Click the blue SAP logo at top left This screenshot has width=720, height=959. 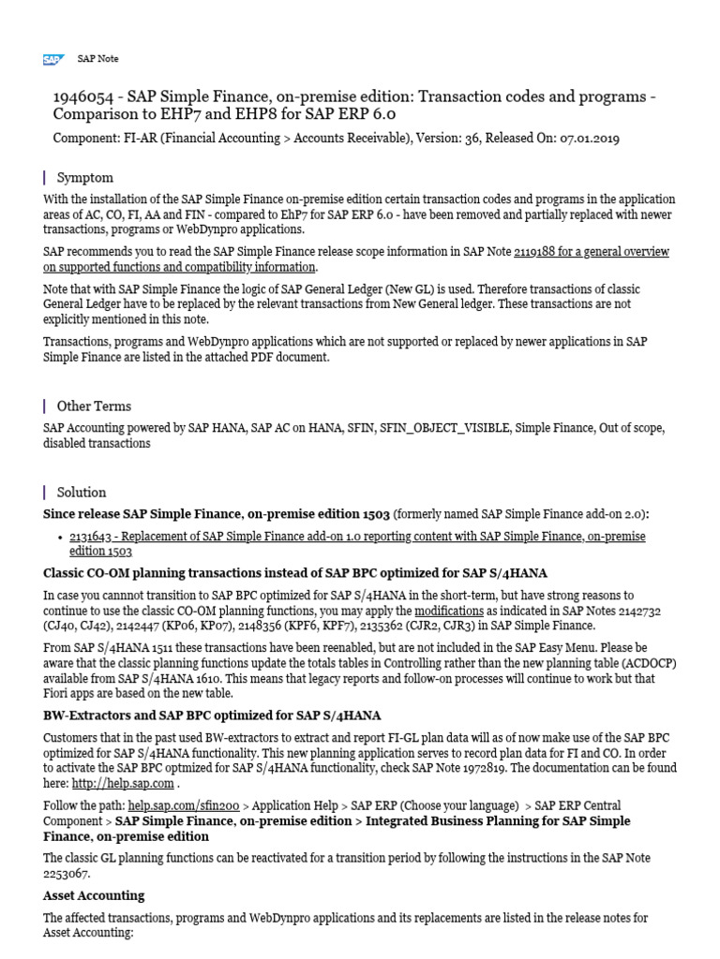[x=52, y=59]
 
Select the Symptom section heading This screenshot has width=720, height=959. [x=85, y=177]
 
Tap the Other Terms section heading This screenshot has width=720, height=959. [x=94, y=406]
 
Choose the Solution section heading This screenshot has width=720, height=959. [x=82, y=492]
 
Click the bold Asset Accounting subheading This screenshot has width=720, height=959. [x=94, y=895]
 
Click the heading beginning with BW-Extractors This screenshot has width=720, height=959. [x=212, y=716]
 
